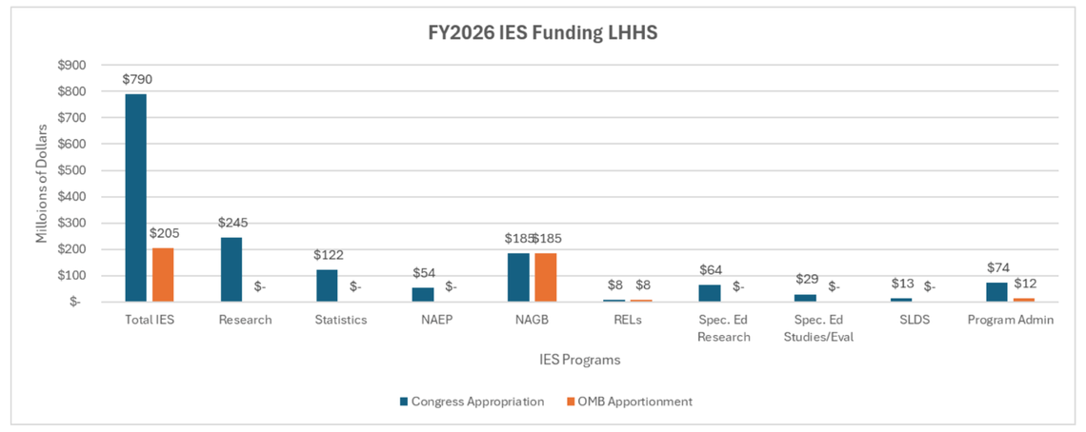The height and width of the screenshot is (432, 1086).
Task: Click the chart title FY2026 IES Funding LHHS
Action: [542, 32]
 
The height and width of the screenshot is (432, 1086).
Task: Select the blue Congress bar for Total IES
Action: [136, 197]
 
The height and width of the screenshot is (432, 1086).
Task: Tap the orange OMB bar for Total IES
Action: [163, 274]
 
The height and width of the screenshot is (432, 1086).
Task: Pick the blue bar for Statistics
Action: [327, 285]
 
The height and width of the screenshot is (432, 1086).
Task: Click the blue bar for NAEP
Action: [422, 294]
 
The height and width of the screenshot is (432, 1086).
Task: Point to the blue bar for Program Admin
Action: [996, 291]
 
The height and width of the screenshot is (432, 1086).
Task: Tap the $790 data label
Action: [136, 79]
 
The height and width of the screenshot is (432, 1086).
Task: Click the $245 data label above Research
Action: [232, 223]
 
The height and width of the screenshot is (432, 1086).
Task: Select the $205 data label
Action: [164, 233]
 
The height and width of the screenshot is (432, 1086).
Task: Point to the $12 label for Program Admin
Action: [1025, 284]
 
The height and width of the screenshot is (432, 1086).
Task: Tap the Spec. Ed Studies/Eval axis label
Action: [819, 328]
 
